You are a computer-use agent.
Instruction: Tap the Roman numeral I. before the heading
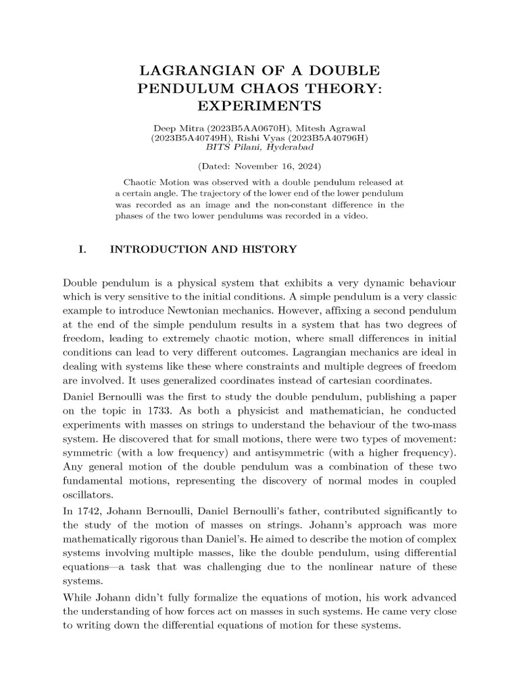pyautogui.click(x=83, y=250)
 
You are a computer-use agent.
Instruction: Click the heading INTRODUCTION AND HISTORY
pyautogui.click(x=203, y=250)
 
